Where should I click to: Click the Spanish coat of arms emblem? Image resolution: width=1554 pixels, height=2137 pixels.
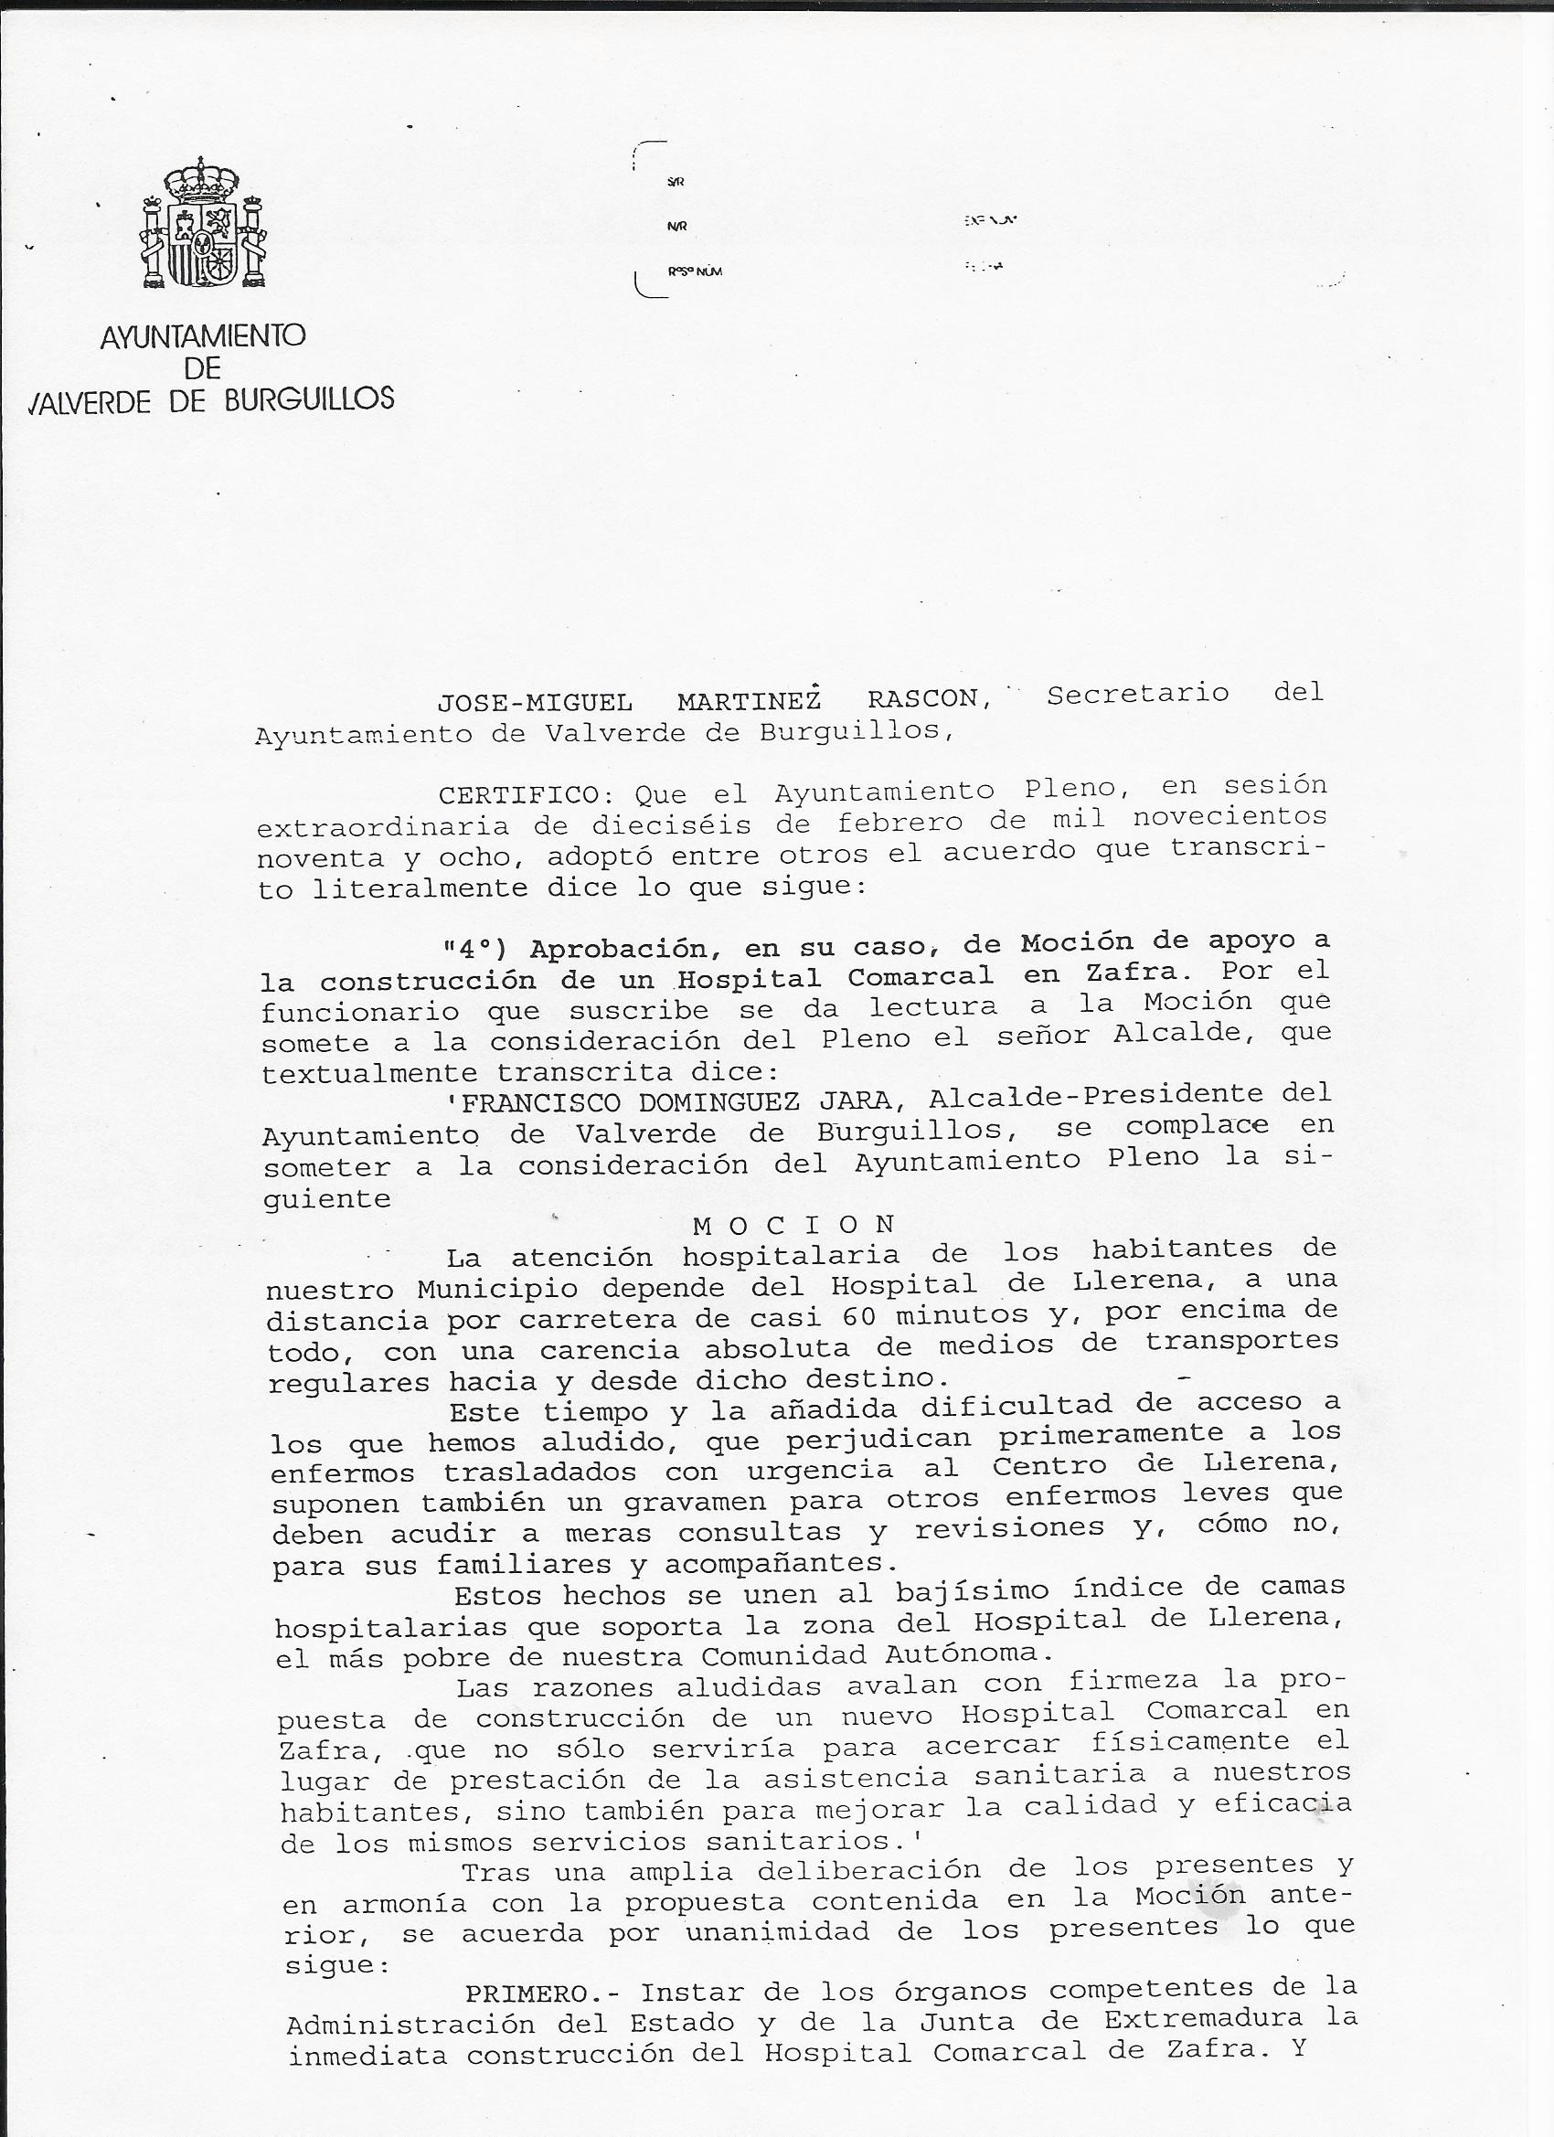(204, 223)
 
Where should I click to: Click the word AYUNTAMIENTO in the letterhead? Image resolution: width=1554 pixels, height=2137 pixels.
(203, 336)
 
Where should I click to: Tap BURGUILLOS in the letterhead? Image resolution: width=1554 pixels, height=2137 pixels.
(309, 399)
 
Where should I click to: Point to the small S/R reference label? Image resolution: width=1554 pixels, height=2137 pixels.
(675, 182)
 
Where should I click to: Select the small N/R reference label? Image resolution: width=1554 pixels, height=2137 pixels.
(676, 226)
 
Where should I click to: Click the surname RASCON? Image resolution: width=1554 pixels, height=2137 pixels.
(922, 699)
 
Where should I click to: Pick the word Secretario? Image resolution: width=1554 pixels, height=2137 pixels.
(1137, 694)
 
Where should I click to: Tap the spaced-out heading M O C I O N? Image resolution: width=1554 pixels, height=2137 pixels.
(793, 1225)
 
